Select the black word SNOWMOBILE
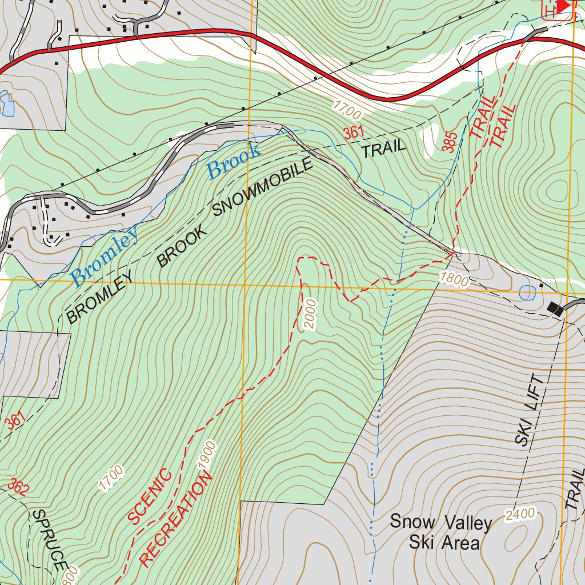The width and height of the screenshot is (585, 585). point(263,187)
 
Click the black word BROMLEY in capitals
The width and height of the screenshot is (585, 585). point(101,296)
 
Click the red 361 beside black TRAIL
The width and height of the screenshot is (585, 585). point(354,133)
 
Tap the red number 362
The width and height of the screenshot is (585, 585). point(18,486)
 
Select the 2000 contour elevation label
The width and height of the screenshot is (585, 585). point(309,314)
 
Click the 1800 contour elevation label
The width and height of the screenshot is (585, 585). point(454,280)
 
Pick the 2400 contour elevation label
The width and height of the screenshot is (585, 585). point(520,514)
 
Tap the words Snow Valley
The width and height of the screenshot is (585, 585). point(440,522)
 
